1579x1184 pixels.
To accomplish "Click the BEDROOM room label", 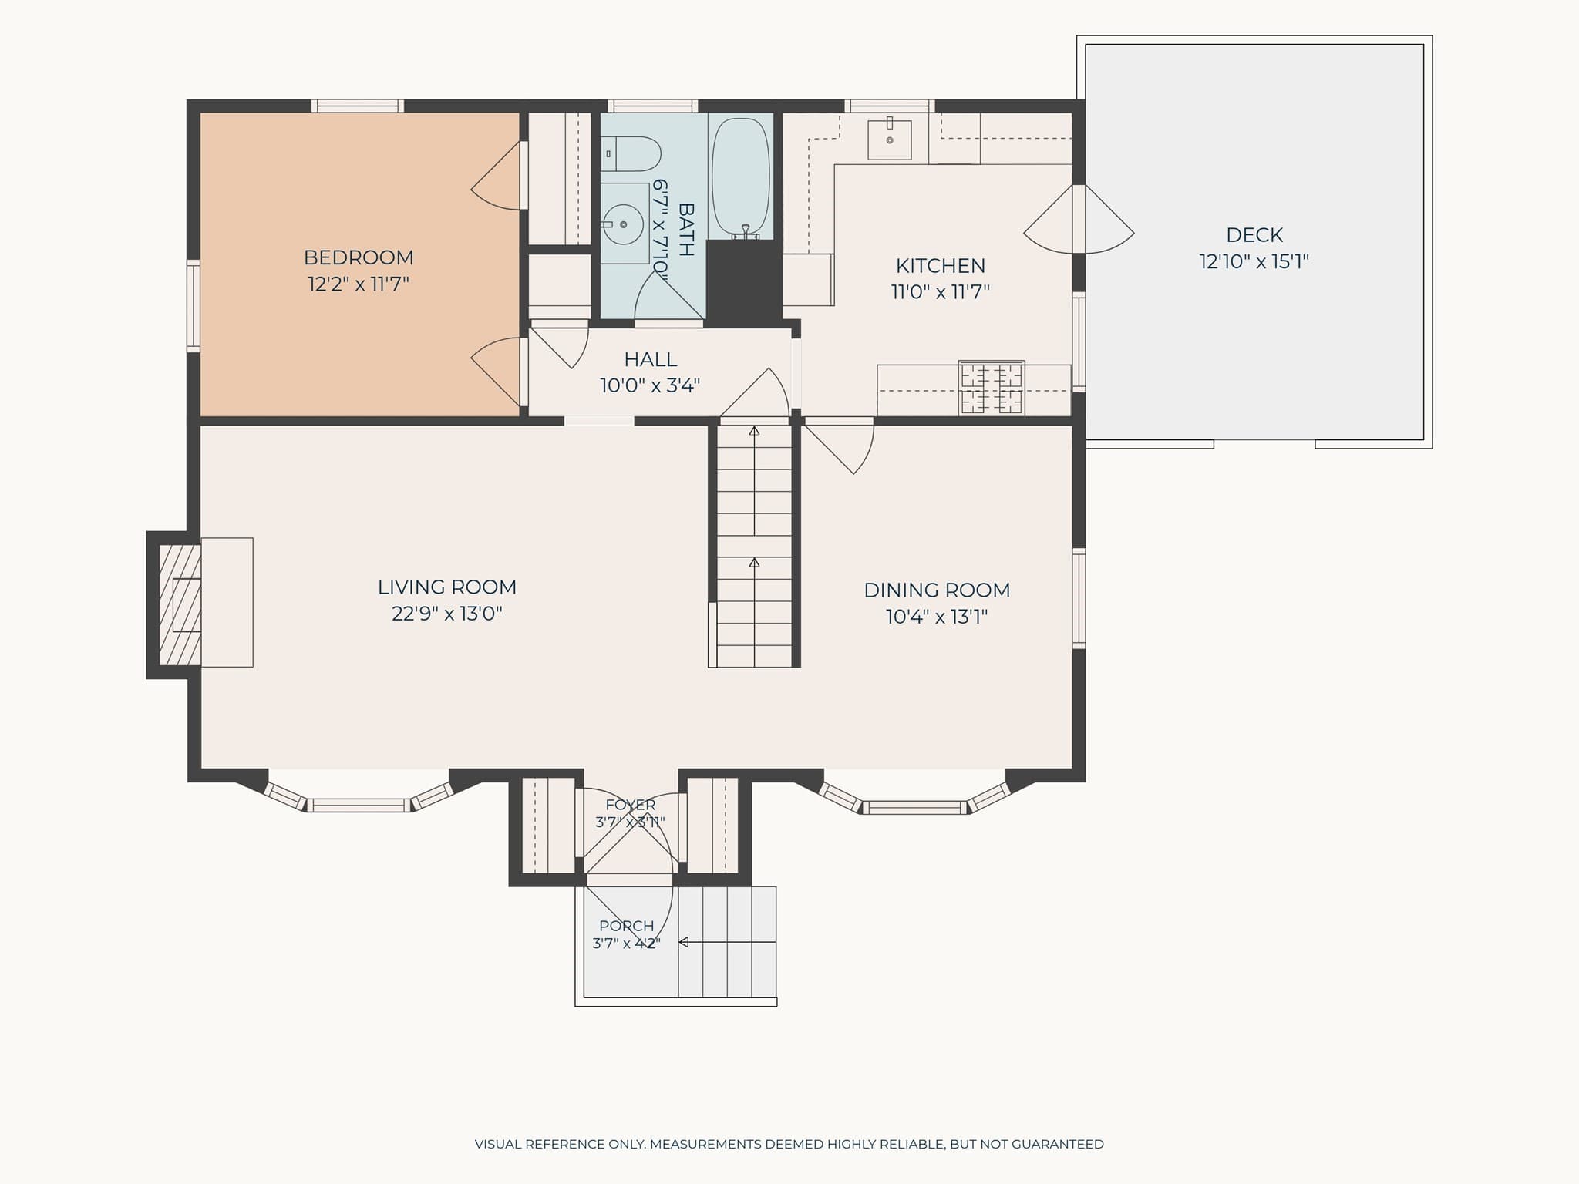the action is pyautogui.click(x=359, y=257).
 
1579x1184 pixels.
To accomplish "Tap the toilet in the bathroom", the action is pyautogui.click(x=631, y=154).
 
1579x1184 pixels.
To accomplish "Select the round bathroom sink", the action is pyautogui.click(x=622, y=224).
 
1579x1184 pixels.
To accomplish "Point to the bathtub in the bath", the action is pyautogui.click(x=740, y=177).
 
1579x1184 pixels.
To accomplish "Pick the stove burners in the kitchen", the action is pyautogui.click(x=992, y=388).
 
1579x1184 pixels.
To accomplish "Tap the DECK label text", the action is pyautogui.click(x=1254, y=234).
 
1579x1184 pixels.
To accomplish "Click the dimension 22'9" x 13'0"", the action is pyautogui.click(x=447, y=614).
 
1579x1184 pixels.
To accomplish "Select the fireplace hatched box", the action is pyautogui.click(x=180, y=605).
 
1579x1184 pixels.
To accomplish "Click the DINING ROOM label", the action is pyautogui.click(x=937, y=590).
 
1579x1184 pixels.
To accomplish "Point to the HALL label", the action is pyautogui.click(x=651, y=359).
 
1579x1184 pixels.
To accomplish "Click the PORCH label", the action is pyautogui.click(x=626, y=926).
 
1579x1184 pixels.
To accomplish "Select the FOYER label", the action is pyautogui.click(x=631, y=805).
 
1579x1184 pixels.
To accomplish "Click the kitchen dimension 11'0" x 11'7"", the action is pyautogui.click(x=941, y=292).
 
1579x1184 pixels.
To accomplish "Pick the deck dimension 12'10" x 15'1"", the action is pyautogui.click(x=1254, y=262).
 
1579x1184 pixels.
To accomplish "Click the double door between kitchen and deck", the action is pyautogui.click(x=1079, y=219).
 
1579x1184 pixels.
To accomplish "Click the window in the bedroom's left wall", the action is pyautogui.click(x=194, y=306).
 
